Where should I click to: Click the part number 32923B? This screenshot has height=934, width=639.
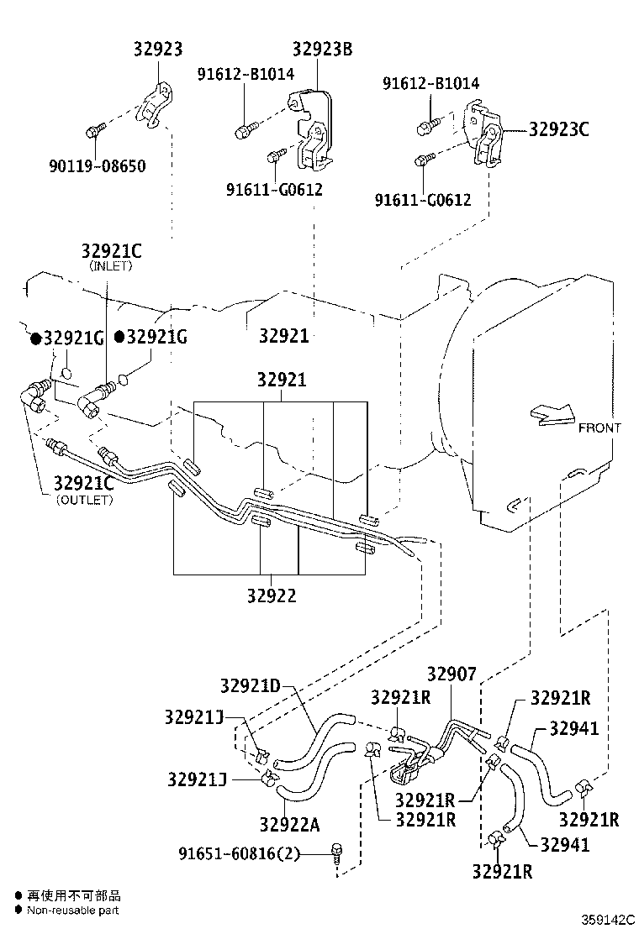323,49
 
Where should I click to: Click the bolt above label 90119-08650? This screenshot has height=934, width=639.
94,129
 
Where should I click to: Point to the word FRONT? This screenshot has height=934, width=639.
599,428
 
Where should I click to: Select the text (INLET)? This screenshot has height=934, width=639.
111,265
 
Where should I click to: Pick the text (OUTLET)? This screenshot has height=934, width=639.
84,500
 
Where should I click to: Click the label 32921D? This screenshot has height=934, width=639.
251,685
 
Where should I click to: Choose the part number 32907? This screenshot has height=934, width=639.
452,674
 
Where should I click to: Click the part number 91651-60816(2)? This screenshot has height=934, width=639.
239,853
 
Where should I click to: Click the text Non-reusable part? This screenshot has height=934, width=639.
72,910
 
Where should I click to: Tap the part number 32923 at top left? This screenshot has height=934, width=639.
157,49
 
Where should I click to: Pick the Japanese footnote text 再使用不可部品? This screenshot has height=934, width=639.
74,895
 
